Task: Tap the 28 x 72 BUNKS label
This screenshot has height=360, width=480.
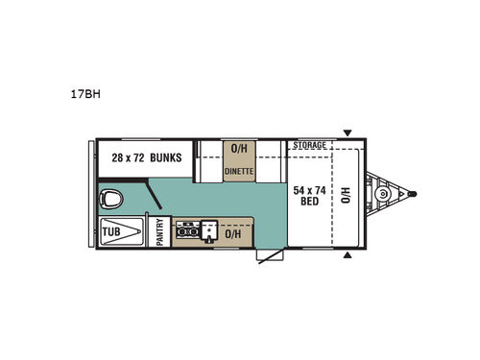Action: coord(147,156)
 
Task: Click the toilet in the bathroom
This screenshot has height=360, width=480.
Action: coord(113,200)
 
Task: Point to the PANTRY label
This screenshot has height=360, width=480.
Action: coord(160,232)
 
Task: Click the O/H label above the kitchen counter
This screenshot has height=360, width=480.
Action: coord(232,232)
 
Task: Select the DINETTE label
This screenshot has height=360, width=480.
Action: coord(239,171)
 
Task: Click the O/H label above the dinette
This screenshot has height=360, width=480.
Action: coord(239,149)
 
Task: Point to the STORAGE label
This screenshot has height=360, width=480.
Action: coord(310,145)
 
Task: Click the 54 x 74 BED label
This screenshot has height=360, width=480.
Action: coord(311,196)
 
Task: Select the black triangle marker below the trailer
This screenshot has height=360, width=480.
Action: coord(348,256)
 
